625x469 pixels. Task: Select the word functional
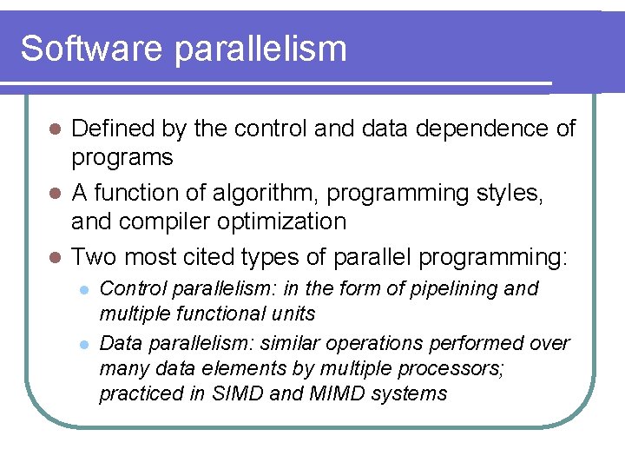point(212,313)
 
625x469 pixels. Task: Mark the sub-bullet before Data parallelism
point(83,344)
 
